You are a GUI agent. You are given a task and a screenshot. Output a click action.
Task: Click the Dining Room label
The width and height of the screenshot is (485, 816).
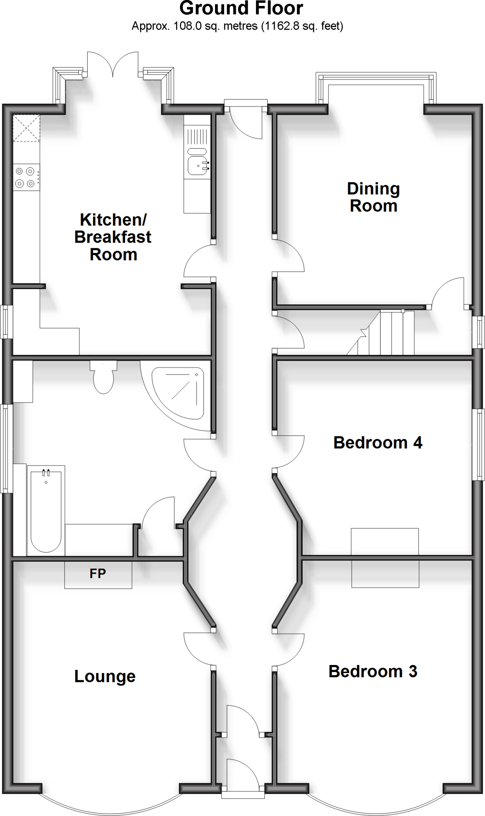point(373,197)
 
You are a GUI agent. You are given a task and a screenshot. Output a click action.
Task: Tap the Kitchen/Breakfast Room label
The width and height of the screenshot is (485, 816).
point(113,237)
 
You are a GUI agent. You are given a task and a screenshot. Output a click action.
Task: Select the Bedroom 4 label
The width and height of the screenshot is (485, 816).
point(377,443)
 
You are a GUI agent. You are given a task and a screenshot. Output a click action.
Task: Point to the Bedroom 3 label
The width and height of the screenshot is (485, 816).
point(373,671)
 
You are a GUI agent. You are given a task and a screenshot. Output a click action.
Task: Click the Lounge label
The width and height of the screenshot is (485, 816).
point(105,676)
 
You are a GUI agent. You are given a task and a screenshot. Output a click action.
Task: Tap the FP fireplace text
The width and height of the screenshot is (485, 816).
point(98,574)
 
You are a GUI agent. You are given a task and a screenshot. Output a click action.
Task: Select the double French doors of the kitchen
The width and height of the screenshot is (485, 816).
point(113,64)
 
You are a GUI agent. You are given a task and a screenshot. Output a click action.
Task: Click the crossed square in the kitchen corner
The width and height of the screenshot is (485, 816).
point(26,128)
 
